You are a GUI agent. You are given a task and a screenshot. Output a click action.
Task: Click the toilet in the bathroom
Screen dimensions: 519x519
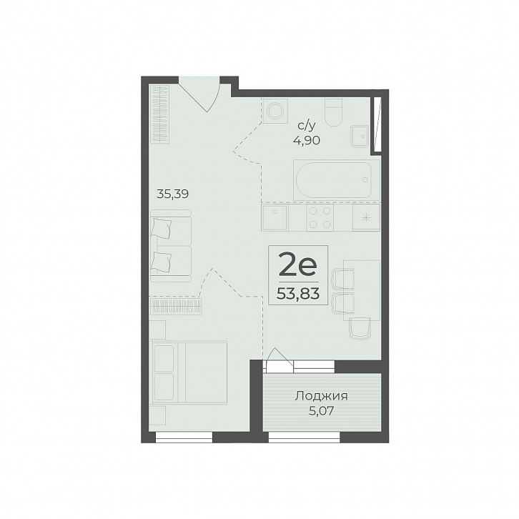333,112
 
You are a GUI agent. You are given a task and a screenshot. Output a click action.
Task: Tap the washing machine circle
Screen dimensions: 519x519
275,111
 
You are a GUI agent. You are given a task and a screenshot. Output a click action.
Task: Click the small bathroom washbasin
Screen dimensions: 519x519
360,136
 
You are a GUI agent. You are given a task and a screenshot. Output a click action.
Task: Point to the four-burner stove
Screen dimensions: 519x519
320,217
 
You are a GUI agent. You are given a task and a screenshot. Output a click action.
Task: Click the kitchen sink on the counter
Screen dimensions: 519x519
274,217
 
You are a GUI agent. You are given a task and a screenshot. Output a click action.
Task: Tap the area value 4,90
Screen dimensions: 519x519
307,141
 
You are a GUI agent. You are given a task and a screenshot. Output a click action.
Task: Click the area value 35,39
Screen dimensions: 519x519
172,194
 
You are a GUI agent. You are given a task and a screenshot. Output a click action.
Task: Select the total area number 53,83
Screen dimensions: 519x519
298,293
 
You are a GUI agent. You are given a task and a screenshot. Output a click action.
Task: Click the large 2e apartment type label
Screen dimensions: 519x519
298,264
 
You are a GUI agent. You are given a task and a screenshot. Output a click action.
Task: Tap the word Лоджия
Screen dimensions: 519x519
322,396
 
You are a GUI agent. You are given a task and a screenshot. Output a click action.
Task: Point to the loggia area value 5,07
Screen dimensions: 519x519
322,411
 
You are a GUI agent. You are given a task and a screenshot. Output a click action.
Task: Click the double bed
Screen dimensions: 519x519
188,372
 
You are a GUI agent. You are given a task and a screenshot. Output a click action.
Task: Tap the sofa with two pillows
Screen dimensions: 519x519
171,246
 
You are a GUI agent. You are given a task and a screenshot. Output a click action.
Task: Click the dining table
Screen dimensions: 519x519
362,290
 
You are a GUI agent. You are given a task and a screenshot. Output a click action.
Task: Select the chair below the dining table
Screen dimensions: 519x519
360,328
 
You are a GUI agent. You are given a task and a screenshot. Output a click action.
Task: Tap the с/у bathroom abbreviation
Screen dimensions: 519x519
307,126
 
